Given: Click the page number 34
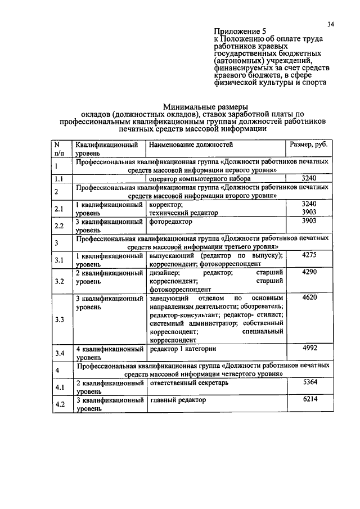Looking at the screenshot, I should [330, 24].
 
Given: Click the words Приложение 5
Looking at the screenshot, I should [242, 31].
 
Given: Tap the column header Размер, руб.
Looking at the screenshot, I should [308, 145].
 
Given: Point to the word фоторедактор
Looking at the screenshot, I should [171, 221].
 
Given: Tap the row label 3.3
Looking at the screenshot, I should [60, 319].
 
